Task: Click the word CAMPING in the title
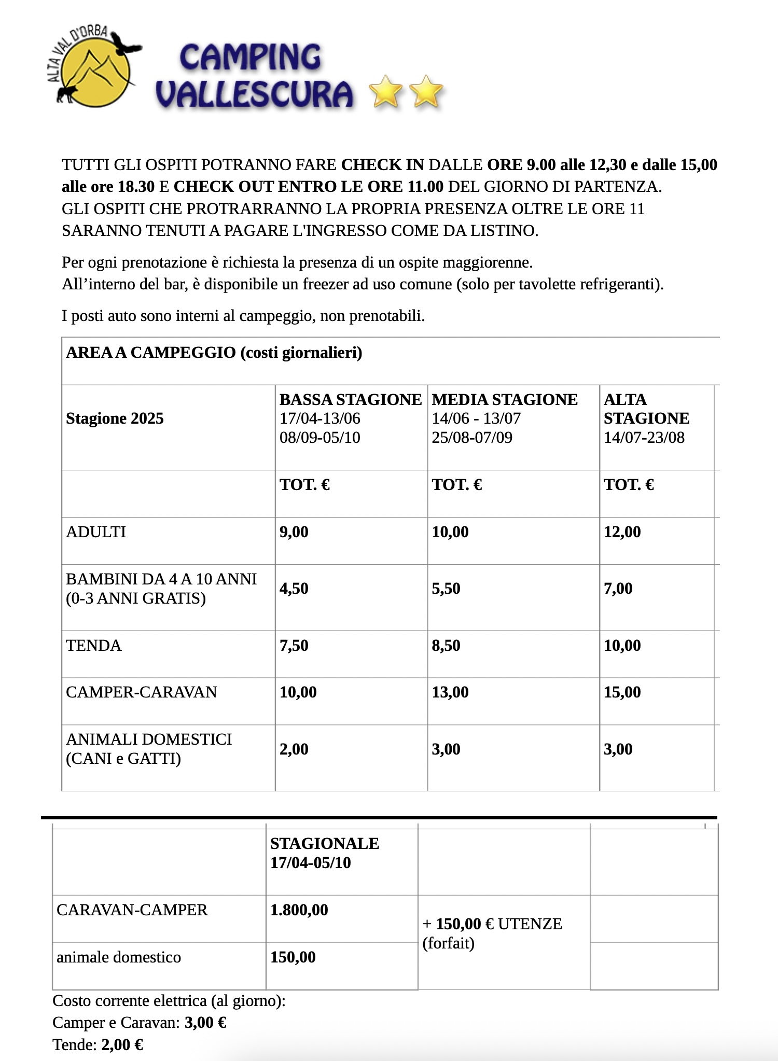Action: tap(251, 58)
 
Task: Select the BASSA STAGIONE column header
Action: tap(350, 400)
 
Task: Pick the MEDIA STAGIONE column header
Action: tap(504, 400)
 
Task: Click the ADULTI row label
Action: tap(96, 532)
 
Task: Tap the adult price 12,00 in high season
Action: tap(622, 532)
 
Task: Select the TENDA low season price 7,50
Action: tap(294, 646)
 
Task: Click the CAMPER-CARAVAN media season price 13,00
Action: tap(450, 692)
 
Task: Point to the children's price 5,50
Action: tap(446, 589)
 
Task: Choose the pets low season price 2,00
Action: tap(294, 749)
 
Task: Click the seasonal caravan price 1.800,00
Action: tap(299, 910)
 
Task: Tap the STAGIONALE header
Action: tap(324, 844)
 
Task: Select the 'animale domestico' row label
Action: tap(119, 957)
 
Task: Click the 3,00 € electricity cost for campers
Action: tap(205, 1022)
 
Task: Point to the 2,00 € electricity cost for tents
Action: tap(122, 1044)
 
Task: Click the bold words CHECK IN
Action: tap(382, 165)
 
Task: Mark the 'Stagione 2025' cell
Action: tap(115, 418)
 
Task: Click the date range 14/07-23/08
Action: tap(644, 438)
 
